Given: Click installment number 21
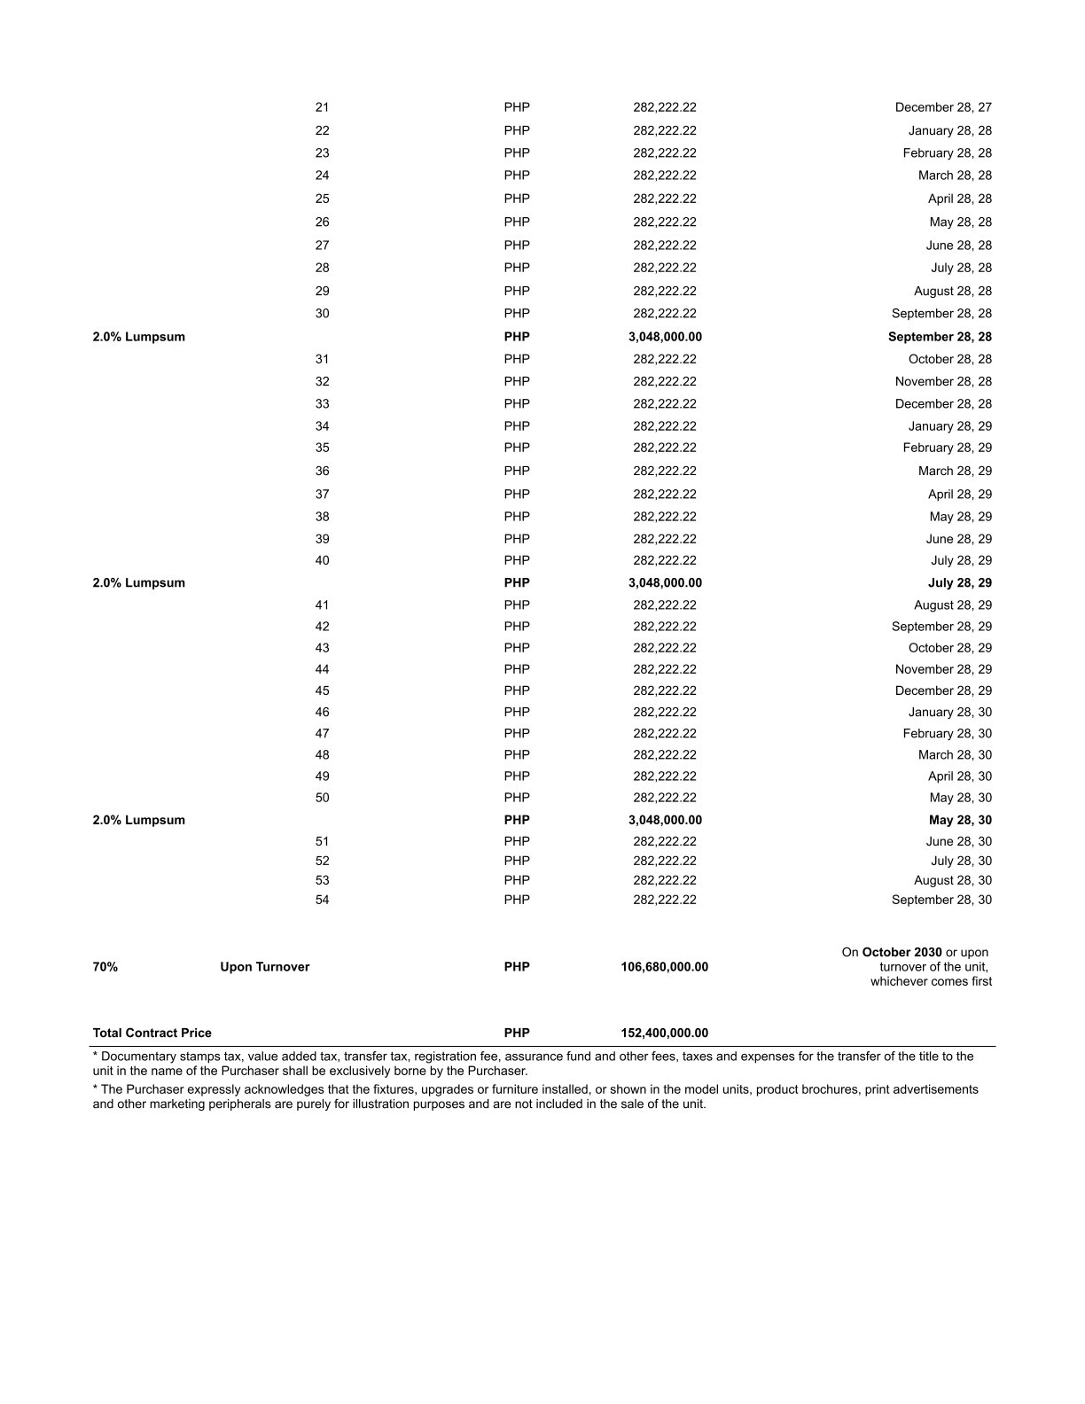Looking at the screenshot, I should pos(322,107).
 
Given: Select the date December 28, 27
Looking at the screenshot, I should pos(943,107).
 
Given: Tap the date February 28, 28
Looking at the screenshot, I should pos(947,153).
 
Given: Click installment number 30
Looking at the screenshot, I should pos(322,314).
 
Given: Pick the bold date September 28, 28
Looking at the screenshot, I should pos(940,337).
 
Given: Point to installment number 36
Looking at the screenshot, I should pos(322,472).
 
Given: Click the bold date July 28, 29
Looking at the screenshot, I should pos(959,583).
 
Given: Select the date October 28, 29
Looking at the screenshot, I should pos(949,648).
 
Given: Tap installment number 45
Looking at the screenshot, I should pos(322,690).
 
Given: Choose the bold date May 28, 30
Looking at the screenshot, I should pos(960,820).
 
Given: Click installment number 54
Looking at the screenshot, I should pos(322,900).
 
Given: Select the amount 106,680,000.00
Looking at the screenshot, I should pos(664,967).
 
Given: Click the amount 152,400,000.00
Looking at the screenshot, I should pos(664,1033).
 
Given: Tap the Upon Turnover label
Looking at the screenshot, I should pos(264,967).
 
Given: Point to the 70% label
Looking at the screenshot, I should pos(105,967).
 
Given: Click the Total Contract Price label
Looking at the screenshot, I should pos(152,1033).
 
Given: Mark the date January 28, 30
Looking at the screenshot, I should pos(949,712).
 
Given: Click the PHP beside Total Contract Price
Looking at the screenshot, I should pos(517,1033).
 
